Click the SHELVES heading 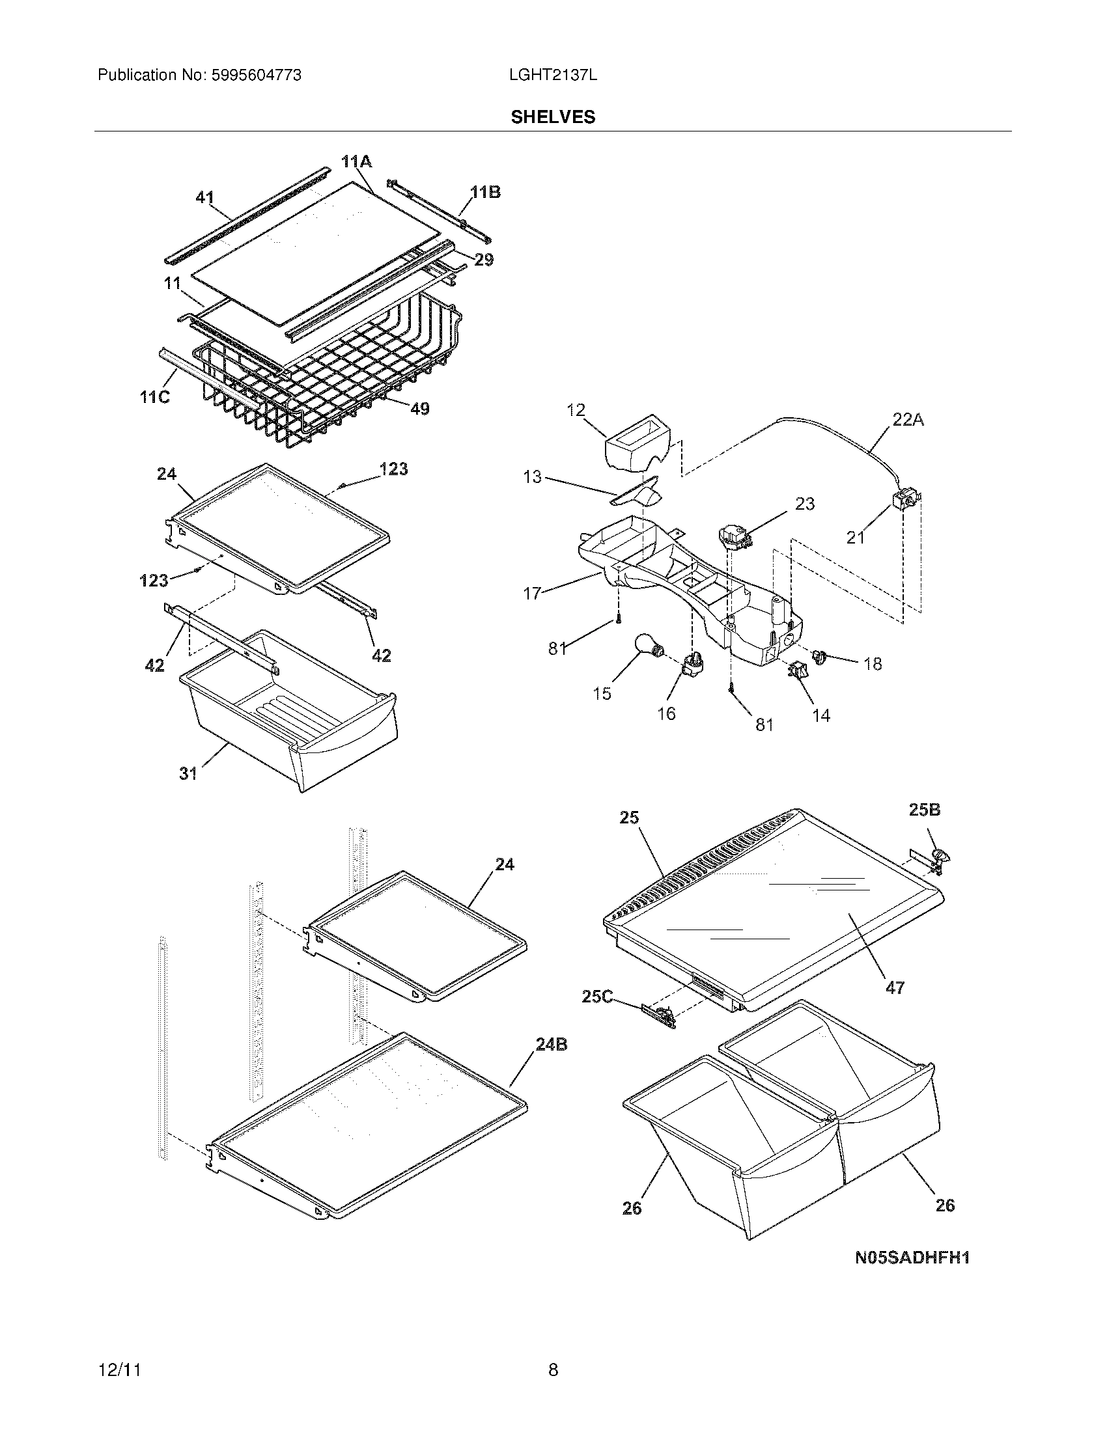tap(553, 117)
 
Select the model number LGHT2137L tap(553, 76)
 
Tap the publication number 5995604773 tap(255, 76)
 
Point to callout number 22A tap(908, 420)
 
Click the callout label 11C tap(155, 396)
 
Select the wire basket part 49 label tap(420, 409)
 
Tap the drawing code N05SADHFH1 tap(912, 1258)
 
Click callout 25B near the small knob tap(924, 810)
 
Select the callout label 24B tap(551, 1045)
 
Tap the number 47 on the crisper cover tap(895, 987)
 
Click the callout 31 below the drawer tap(188, 774)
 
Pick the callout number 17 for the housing tap(532, 594)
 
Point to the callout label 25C tap(596, 997)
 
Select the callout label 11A tap(356, 161)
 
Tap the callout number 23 tap(805, 504)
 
